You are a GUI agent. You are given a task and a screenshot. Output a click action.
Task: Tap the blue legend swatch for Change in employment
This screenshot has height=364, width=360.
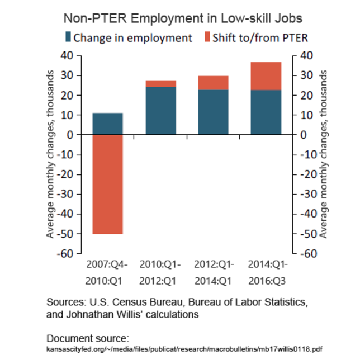(x=69, y=38)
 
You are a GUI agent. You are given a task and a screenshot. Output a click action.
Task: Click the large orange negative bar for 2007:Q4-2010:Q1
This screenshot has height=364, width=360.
(x=107, y=184)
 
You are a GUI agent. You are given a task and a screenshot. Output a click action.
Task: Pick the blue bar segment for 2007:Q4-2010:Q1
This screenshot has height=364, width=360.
(x=107, y=124)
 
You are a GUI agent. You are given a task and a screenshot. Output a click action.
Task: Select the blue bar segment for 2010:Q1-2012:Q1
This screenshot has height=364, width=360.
(x=160, y=111)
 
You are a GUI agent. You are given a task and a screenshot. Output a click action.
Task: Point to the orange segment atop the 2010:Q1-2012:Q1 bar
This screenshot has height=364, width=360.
(x=160, y=83)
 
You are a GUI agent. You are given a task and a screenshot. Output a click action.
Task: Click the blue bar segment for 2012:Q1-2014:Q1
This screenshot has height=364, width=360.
(x=213, y=112)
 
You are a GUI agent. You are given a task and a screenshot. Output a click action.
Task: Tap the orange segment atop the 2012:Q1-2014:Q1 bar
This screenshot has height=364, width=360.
(x=213, y=82)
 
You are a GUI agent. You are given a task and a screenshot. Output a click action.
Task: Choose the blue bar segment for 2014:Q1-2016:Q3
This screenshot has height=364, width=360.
(x=266, y=112)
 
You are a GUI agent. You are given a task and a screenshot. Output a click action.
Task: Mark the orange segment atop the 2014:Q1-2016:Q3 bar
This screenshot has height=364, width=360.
(x=266, y=76)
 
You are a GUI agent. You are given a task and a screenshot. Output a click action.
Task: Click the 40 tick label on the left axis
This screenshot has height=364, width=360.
(x=67, y=55)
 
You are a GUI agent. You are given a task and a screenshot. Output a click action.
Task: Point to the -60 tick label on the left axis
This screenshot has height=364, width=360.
(x=64, y=253)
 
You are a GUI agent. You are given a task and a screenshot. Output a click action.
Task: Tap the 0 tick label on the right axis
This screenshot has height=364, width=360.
(x=304, y=135)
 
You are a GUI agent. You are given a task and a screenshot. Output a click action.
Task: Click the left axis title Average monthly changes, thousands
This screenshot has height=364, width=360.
(x=50, y=154)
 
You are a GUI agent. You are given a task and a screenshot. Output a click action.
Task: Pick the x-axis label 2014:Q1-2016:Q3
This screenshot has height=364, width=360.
(x=266, y=271)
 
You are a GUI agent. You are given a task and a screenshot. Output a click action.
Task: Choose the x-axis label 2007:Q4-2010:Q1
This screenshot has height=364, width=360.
(x=107, y=271)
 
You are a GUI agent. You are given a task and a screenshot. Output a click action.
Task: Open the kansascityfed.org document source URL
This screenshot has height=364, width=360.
(x=184, y=349)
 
